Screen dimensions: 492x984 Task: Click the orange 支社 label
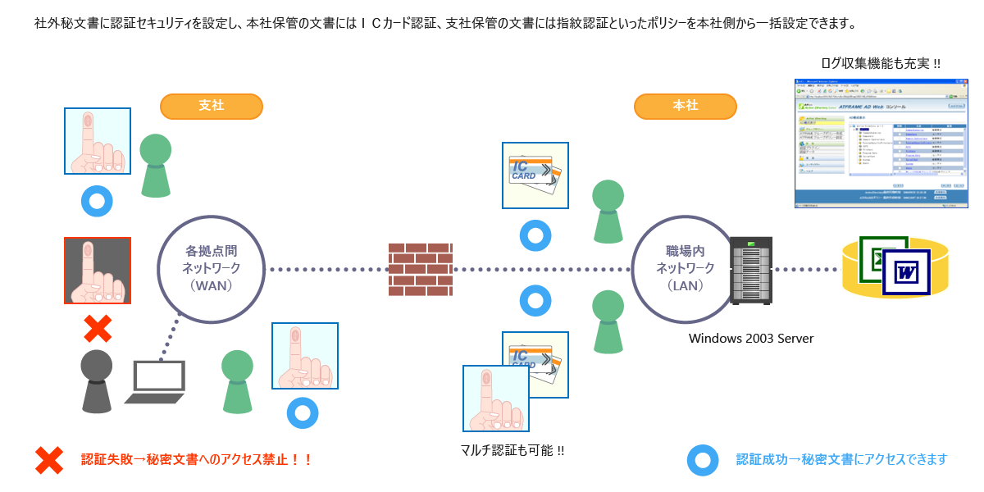point(211,107)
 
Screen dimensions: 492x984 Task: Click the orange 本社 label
point(685,107)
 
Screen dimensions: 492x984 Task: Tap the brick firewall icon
point(421,269)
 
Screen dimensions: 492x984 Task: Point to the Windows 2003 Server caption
point(750,338)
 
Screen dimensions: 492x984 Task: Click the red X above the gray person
point(98,329)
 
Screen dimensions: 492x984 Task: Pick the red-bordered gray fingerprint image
point(98,271)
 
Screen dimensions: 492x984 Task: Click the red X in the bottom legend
point(49,460)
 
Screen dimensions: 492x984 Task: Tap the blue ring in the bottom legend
point(703,460)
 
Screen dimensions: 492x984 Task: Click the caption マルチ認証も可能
point(512,450)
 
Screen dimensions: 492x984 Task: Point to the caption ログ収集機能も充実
point(881,63)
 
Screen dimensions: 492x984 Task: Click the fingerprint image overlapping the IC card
point(495,399)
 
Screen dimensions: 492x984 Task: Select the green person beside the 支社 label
point(156,165)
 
